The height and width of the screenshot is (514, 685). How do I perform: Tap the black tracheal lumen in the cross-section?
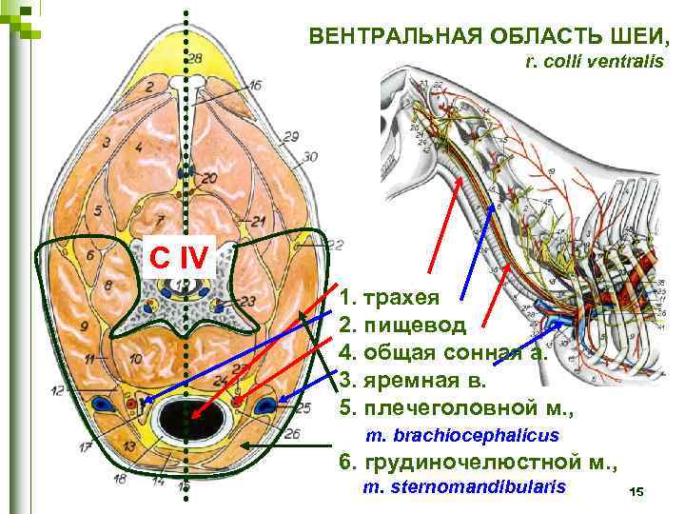187,418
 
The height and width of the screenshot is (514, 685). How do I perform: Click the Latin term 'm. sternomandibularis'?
464,487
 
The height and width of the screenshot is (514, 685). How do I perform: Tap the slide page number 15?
636,491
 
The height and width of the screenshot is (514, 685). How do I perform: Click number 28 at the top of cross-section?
194,59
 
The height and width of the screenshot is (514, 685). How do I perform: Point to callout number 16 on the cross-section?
254,86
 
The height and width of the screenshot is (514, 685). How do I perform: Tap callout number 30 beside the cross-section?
310,156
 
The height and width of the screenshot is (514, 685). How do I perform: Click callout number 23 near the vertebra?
248,302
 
